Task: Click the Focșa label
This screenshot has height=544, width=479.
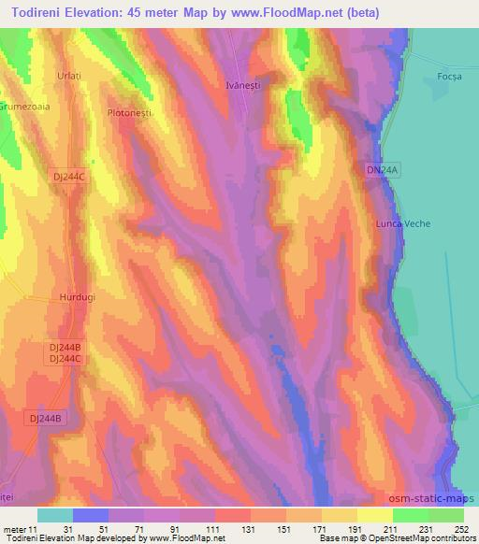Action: pyautogui.click(x=450, y=77)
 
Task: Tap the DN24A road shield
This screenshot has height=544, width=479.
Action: pyautogui.click(x=383, y=170)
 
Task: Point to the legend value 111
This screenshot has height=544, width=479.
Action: pyautogui.click(x=214, y=529)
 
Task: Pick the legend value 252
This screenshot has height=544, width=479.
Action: pyautogui.click(x=462, y=529)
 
